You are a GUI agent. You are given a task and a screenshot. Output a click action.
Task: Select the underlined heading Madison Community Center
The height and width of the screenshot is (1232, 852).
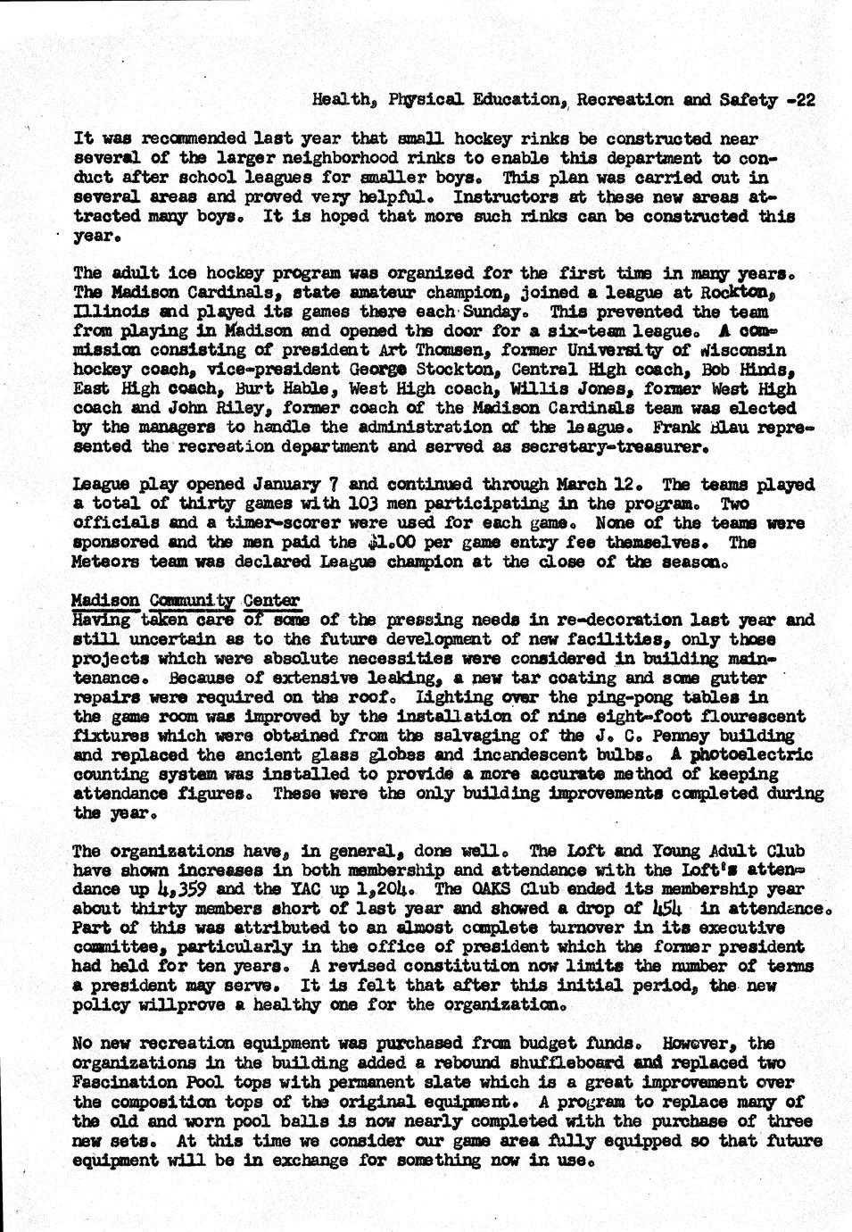[x=186, y=601]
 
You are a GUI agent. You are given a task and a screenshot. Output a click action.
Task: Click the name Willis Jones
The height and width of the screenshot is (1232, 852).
[x=570, y=389]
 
